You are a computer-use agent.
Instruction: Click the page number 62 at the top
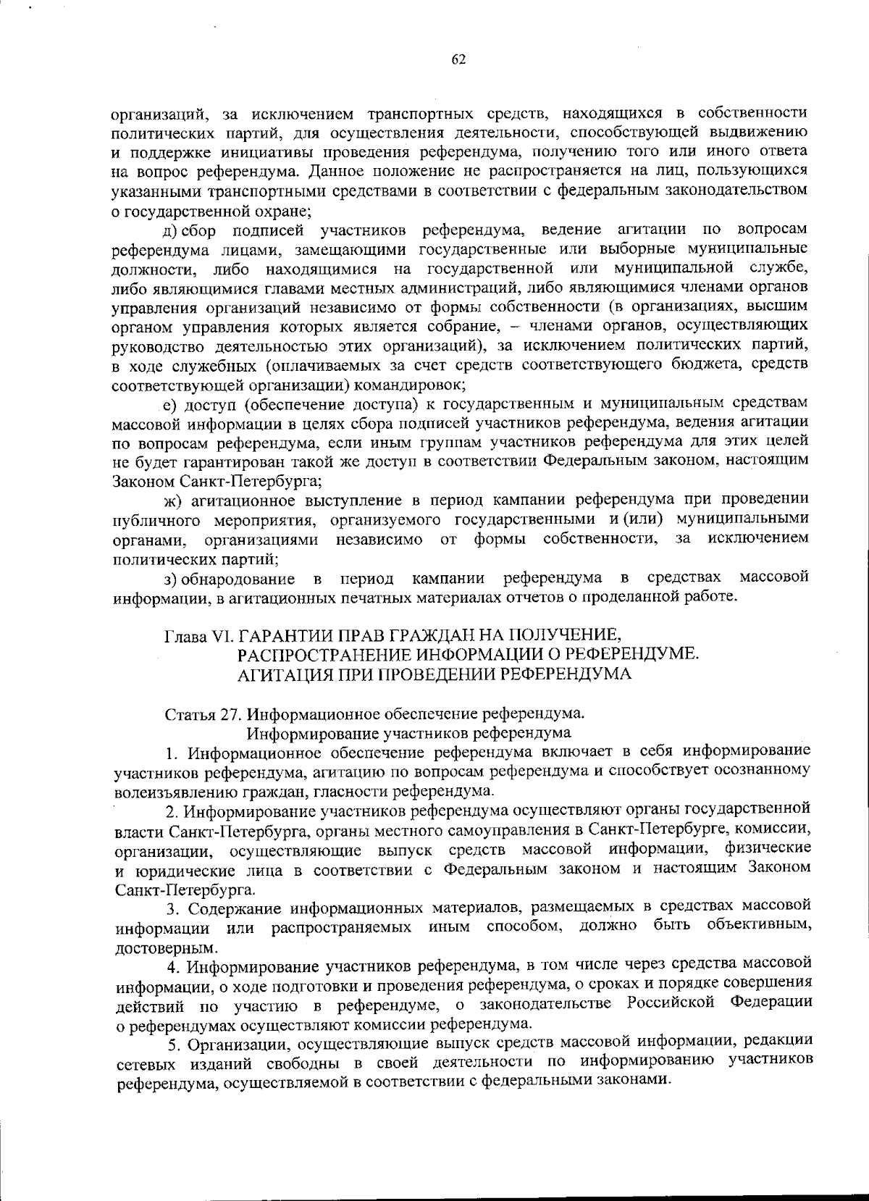(458, 61)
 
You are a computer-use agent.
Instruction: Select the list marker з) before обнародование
(170, 579)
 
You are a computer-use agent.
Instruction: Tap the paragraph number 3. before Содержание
(171, 908)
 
